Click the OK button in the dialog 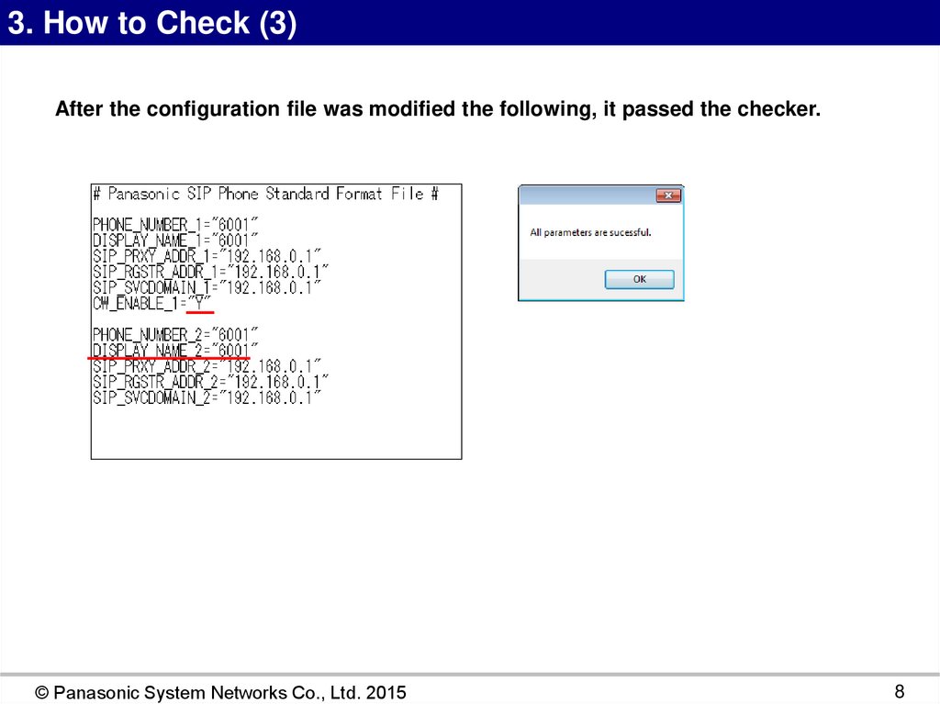639,279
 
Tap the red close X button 668,196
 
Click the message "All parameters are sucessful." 590,232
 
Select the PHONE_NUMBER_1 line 175,225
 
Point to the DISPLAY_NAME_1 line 175,240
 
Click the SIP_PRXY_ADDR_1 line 207,256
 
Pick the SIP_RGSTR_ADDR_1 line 210,272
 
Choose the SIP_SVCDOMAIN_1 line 207,288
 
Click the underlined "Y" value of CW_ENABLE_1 199,304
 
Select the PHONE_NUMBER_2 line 175,335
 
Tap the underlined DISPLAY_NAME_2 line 175,351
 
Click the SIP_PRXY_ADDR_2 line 207,366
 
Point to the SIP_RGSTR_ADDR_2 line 210,382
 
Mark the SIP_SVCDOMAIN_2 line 207,397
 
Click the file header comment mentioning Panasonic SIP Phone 266,194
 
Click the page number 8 900,691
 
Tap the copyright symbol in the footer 42,693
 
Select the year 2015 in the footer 386,693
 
